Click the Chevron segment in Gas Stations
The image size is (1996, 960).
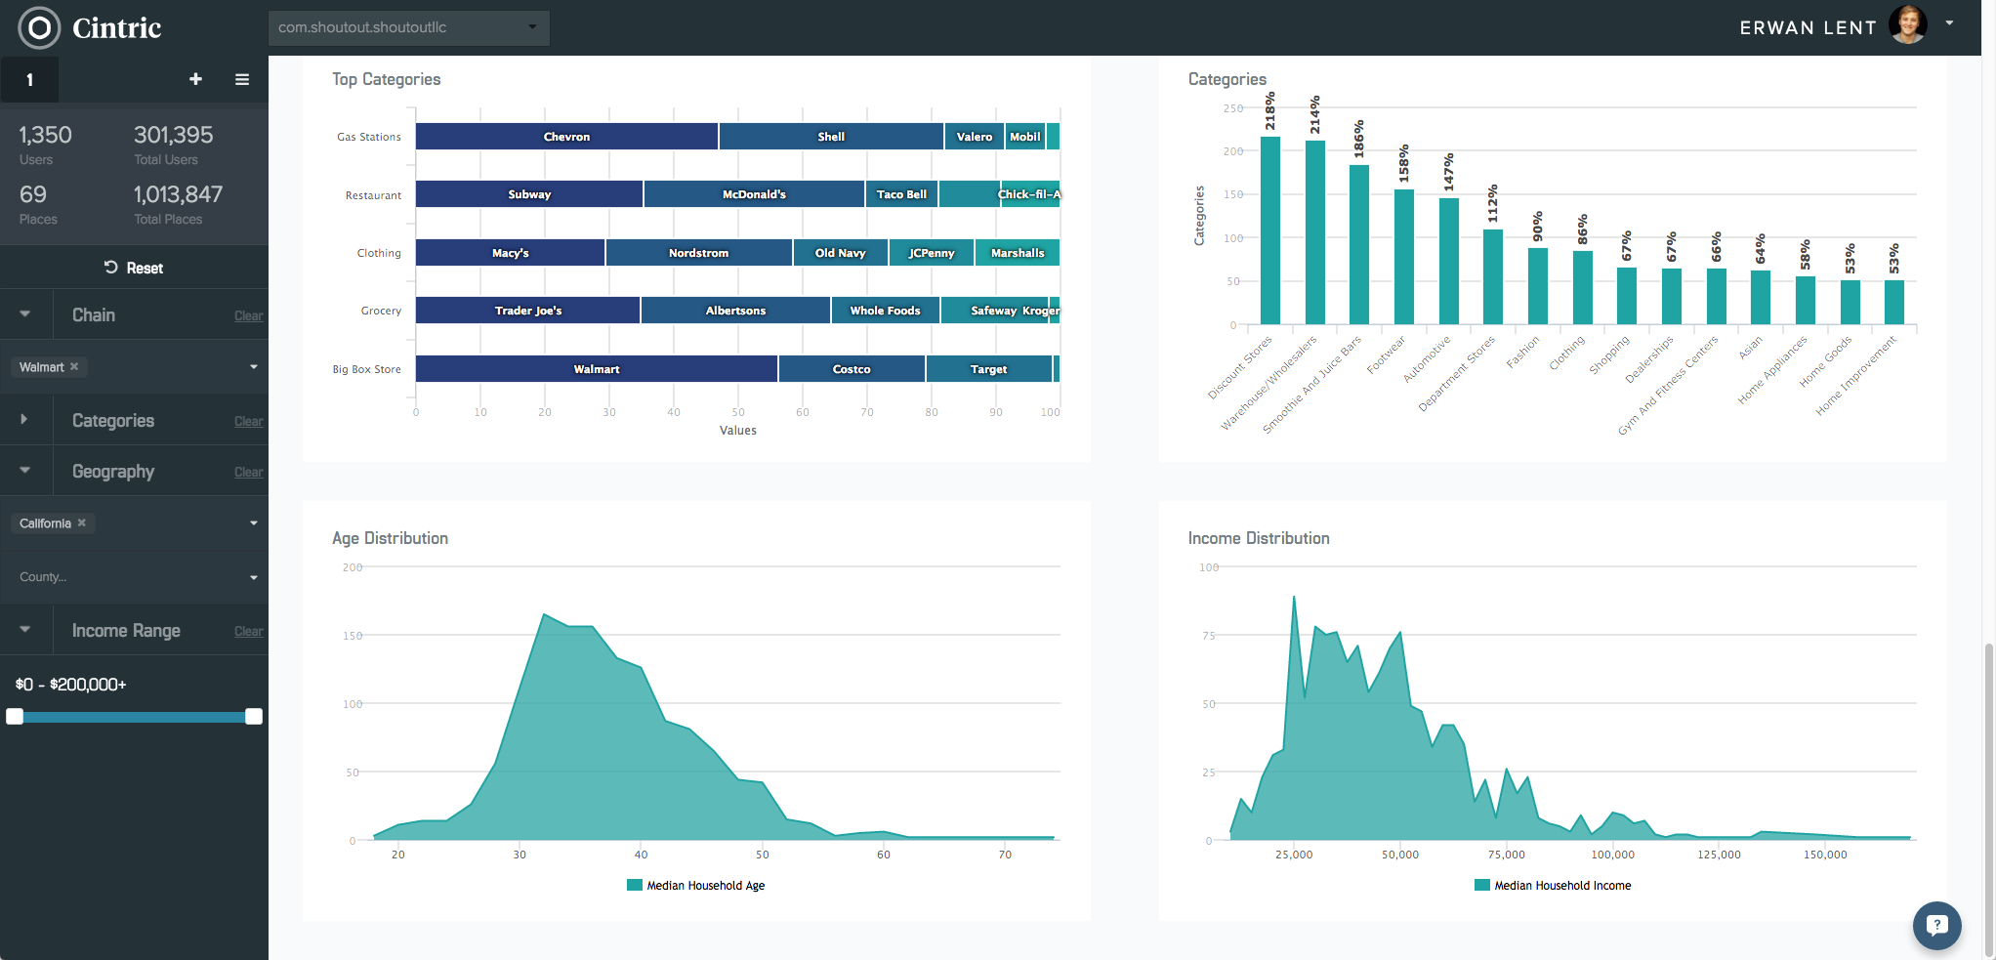pyautogui.click(x=566, y=137)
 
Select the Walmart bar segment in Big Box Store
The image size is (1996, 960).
pyautogui.click(x=596, y=369)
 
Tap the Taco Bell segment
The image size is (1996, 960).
pyautogui.click(x=901, y=194)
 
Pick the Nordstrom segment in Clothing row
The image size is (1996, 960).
pyautogui.click(x=698, y=253)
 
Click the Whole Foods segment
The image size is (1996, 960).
pyautogui.click(x=885, y=311)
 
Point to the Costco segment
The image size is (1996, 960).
pyautogui.click(x=852, y=369)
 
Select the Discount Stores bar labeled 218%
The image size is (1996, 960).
pyautogui.click(x=1270, y=230)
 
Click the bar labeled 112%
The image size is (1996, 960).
pyautogui.click(x=1493, y=276)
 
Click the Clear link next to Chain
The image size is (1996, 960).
pyautogui.click(x=248, y=316)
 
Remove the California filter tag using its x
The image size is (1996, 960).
pyautogui.click(x=82, y=522)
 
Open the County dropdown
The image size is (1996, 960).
pyautogui.click(x=134, y=577)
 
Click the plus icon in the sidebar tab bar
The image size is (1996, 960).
pyautogui.click(x=195, y=79)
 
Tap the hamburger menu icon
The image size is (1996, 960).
pyautogui.click(x=242, y=79)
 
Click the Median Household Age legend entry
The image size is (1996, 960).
pyautogui.click(x=695, y=886)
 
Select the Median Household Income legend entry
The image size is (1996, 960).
pyautogui.click(x=1553, y=886)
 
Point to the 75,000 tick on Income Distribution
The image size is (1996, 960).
pyautogui.click(x=1506, y=855)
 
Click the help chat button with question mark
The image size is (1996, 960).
pyautogui.click(x=1936, y=925)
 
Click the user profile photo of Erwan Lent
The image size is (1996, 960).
pyautogui.click(x=1907, y=25)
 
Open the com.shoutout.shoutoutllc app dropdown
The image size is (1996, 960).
pyautogui.click(x=408, y=27)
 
